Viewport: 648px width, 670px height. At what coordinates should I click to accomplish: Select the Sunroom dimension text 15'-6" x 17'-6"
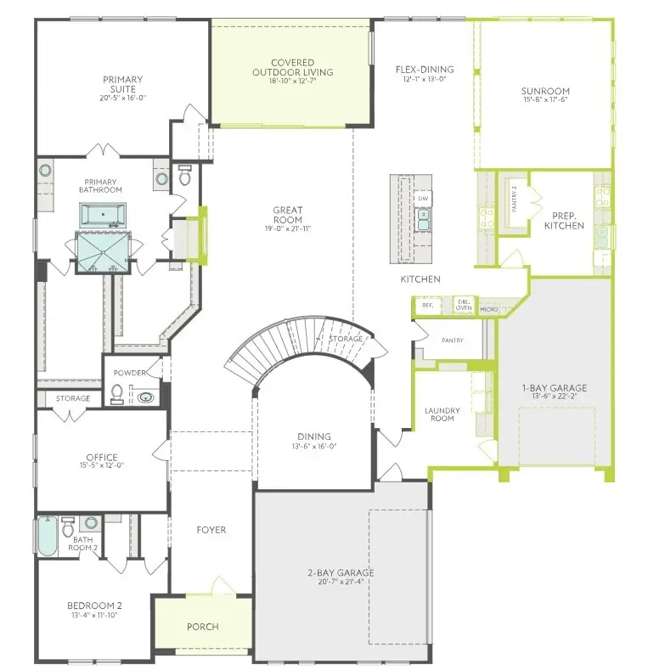click(545, 99)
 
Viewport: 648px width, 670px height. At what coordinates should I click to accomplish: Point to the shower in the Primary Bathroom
click(103, 251)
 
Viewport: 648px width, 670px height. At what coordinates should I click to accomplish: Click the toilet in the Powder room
click(117, 394)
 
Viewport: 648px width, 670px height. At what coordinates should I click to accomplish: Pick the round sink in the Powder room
click(147, 397)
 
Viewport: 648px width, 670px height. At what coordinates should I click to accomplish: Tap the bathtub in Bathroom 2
click(46, 537)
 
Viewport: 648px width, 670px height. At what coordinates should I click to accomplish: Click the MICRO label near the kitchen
click(488, 309)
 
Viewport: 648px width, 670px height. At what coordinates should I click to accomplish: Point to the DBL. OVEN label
click(464, 305)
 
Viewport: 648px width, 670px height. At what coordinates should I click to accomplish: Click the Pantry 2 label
click(512, 201)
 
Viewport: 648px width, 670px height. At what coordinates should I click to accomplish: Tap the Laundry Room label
click(442, 414)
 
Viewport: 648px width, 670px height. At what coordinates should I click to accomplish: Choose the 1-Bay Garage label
click(554, 388)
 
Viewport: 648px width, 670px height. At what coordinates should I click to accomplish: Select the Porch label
click(202, 627)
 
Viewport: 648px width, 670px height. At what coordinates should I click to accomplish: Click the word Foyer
click(211, 530)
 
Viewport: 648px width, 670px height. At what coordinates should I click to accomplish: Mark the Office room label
click(101, 457)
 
